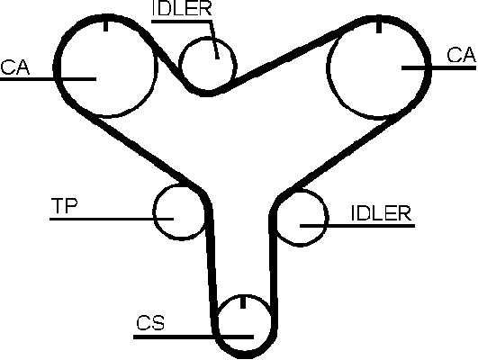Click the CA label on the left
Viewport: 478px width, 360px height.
tap(15, 67)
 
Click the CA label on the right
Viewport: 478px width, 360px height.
tap(462, 55)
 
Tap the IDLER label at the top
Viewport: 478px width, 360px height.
tap(181, 8)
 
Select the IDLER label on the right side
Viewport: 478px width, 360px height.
tap(382, 213)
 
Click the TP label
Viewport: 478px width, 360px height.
tap(64, 205)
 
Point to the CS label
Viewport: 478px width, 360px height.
tap(150, 323)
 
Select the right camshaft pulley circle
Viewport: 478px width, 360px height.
tap(379, 67)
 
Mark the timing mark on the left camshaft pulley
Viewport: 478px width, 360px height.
tap(106, 26)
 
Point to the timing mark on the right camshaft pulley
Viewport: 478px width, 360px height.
tap(379, 27)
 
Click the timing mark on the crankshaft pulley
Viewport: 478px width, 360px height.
tap(243, 301)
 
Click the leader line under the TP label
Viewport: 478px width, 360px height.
tap(112, 219)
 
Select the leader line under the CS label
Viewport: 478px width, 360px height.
tap(194, 337)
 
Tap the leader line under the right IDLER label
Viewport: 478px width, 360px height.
tap(357, 226)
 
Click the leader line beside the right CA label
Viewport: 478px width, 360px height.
tap(438, 68)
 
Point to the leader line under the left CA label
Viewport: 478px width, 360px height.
tap(49, 79)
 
